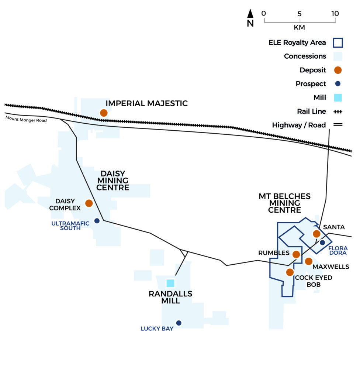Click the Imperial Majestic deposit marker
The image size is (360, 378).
click(x=104, y=113)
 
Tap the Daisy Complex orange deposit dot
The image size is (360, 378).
click(x=89, y=203)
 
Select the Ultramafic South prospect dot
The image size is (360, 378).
click(x=97, y=221)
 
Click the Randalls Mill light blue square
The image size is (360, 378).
click(x=170, y=283)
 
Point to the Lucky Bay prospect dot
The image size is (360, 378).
click(x=179, y=323)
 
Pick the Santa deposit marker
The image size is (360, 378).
click(x=316, y=234)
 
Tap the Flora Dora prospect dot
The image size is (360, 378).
click(x=322, y=243)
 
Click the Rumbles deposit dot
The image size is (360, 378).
click(x=296, y=254)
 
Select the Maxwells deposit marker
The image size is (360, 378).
click(x=309, y=261)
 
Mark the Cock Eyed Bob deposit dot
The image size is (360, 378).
click(x=290, y=272)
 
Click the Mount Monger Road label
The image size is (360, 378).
click(x=26, y=119)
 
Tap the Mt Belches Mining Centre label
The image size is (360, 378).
click(x=285, y=203)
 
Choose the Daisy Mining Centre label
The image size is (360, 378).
click(x=113, y=181)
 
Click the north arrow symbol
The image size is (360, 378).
click(x=250, y=14)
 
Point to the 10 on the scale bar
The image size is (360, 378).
click(x=335, y=14)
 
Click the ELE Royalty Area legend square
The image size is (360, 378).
click(x=338, y=43)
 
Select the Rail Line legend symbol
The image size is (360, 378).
click(x=338, y=112)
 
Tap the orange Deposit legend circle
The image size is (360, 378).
click(x=338, y=70)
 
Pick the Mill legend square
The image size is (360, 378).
click(x=338, y=97)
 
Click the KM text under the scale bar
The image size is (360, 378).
click(x=300, y=27)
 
